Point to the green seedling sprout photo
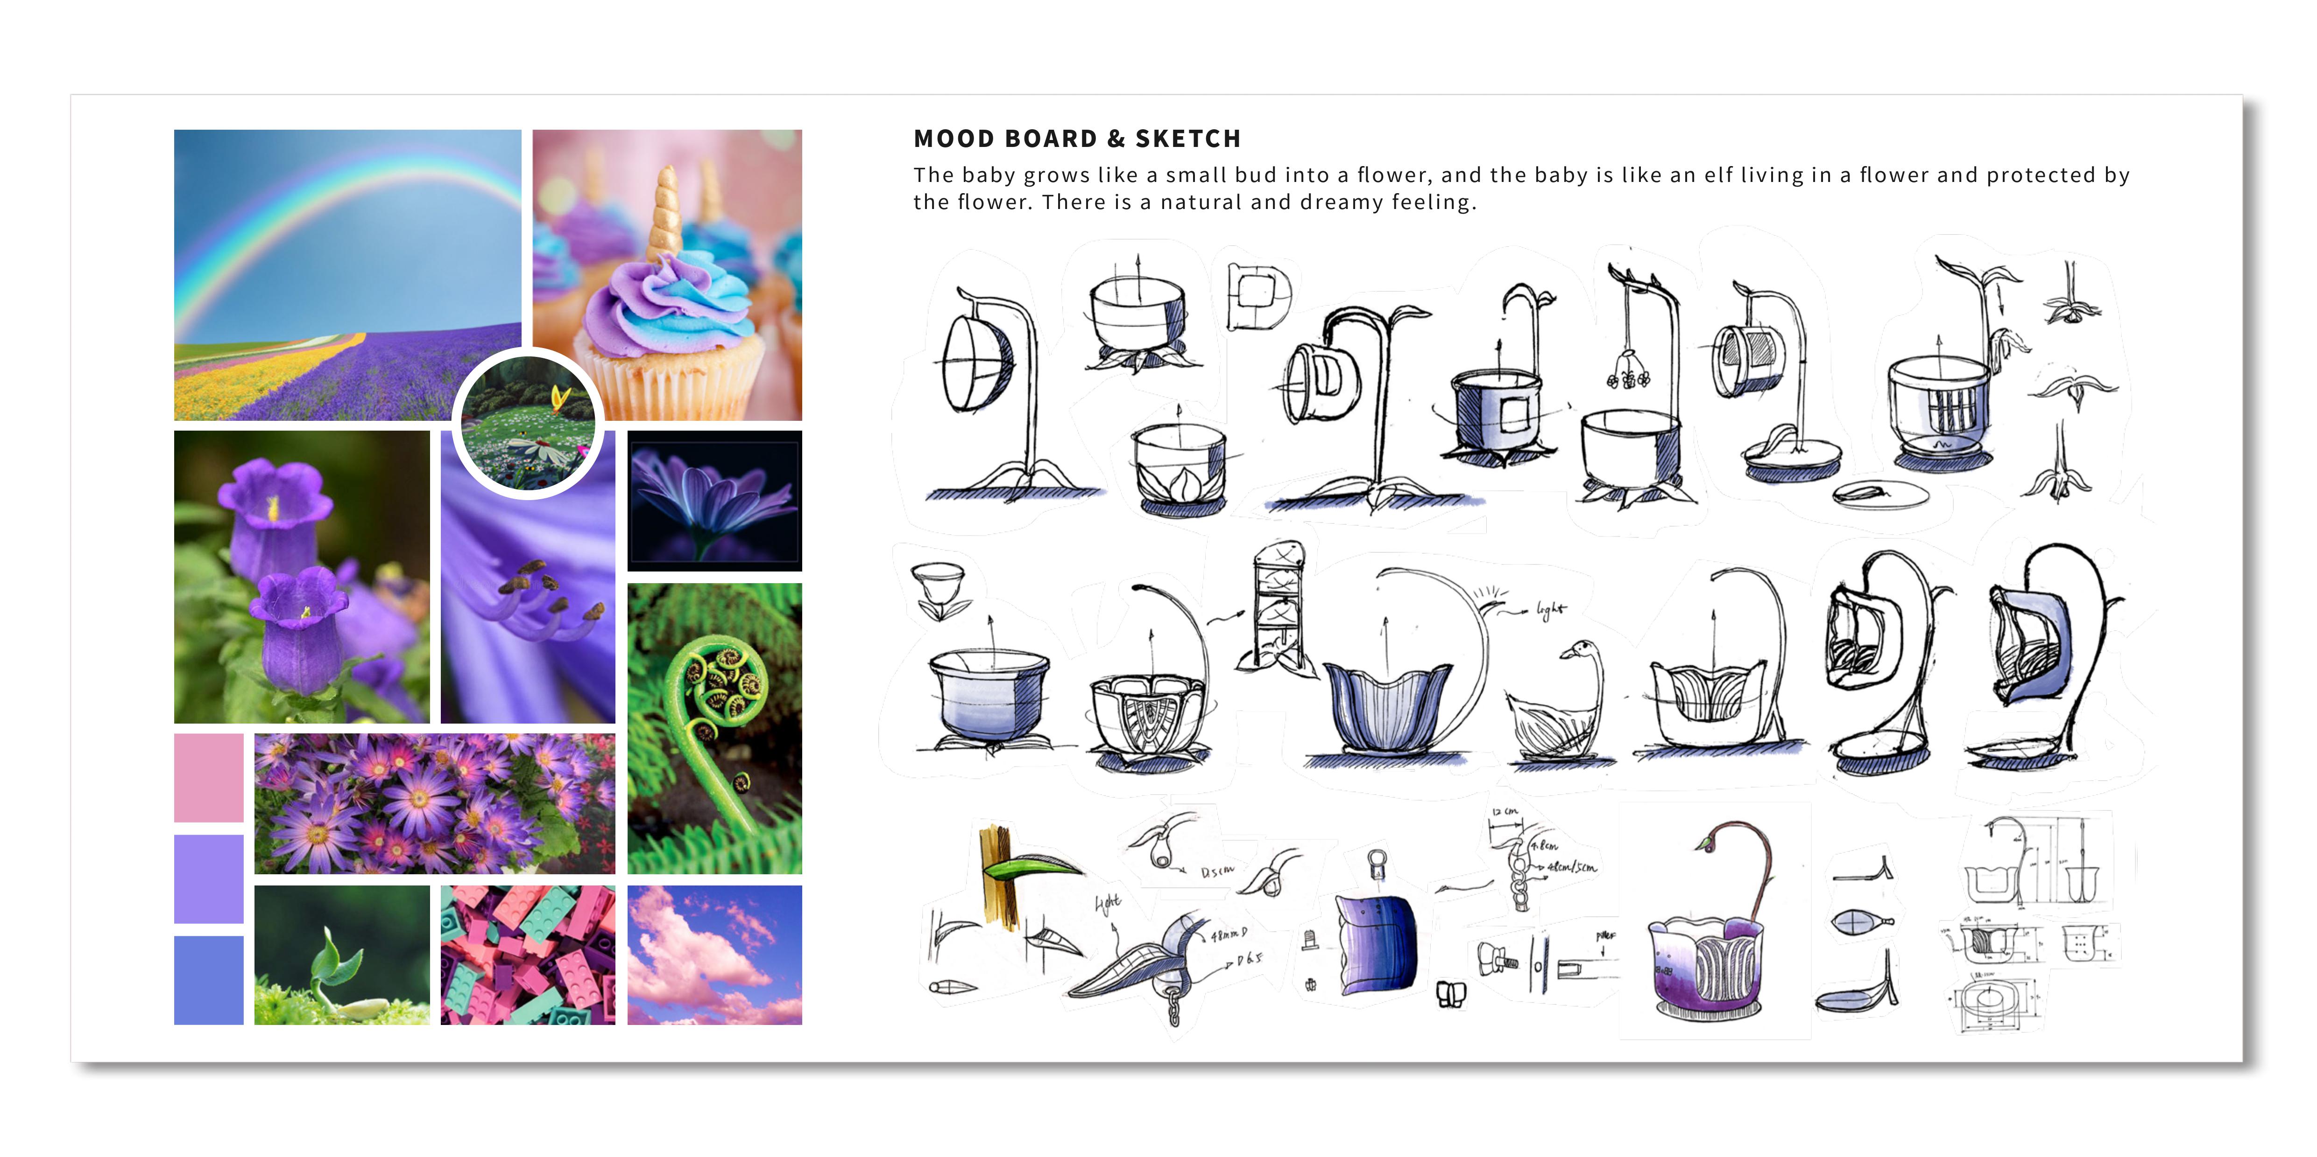coord(342,955)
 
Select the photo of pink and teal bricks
coord(528,955)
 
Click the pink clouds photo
coord(714,955)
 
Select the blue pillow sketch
coord(1376,944)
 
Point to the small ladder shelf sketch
coord(1277,602)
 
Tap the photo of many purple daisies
coord(434,803)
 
